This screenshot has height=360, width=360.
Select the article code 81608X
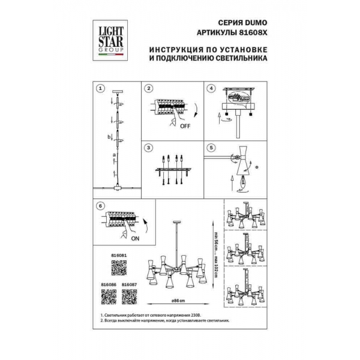[x=251, y=34]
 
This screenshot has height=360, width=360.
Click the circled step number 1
[x=100, y=88]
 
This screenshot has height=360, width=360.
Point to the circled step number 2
[x=148, y=88]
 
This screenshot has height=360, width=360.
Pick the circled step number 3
[x=148, y=147]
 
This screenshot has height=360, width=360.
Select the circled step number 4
[x=211, y=88]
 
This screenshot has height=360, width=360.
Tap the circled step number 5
[x=211, y=147]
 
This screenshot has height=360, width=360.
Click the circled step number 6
[x=100, y=206]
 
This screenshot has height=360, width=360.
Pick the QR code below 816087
[x=129, y=296]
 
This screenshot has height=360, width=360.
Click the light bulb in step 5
[x=245, y=181]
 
